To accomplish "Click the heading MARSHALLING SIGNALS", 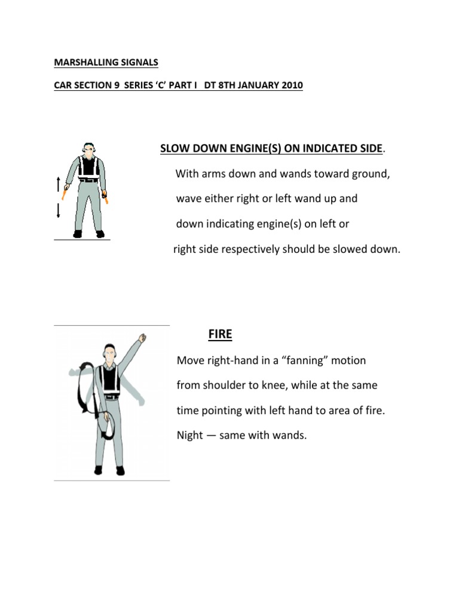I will pos(106,62).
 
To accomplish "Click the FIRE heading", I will pos(220,335).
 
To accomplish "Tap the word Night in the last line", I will pos(190,435).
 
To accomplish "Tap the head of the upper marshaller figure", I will pos(89,149).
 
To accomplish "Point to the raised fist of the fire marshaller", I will pos(142,338).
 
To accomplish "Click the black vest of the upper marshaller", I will pos(89,167).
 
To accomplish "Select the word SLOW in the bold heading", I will pos(175,148).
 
